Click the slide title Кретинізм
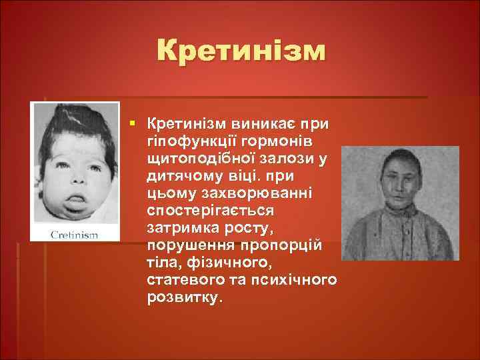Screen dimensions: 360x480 (x=241, y=52)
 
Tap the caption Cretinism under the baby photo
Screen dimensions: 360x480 (x=74, y=235)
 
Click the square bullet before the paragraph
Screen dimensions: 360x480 (x=134, y=124)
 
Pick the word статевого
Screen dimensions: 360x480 (x=182, y=280)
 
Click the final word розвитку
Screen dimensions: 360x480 (x=181, y=297)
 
